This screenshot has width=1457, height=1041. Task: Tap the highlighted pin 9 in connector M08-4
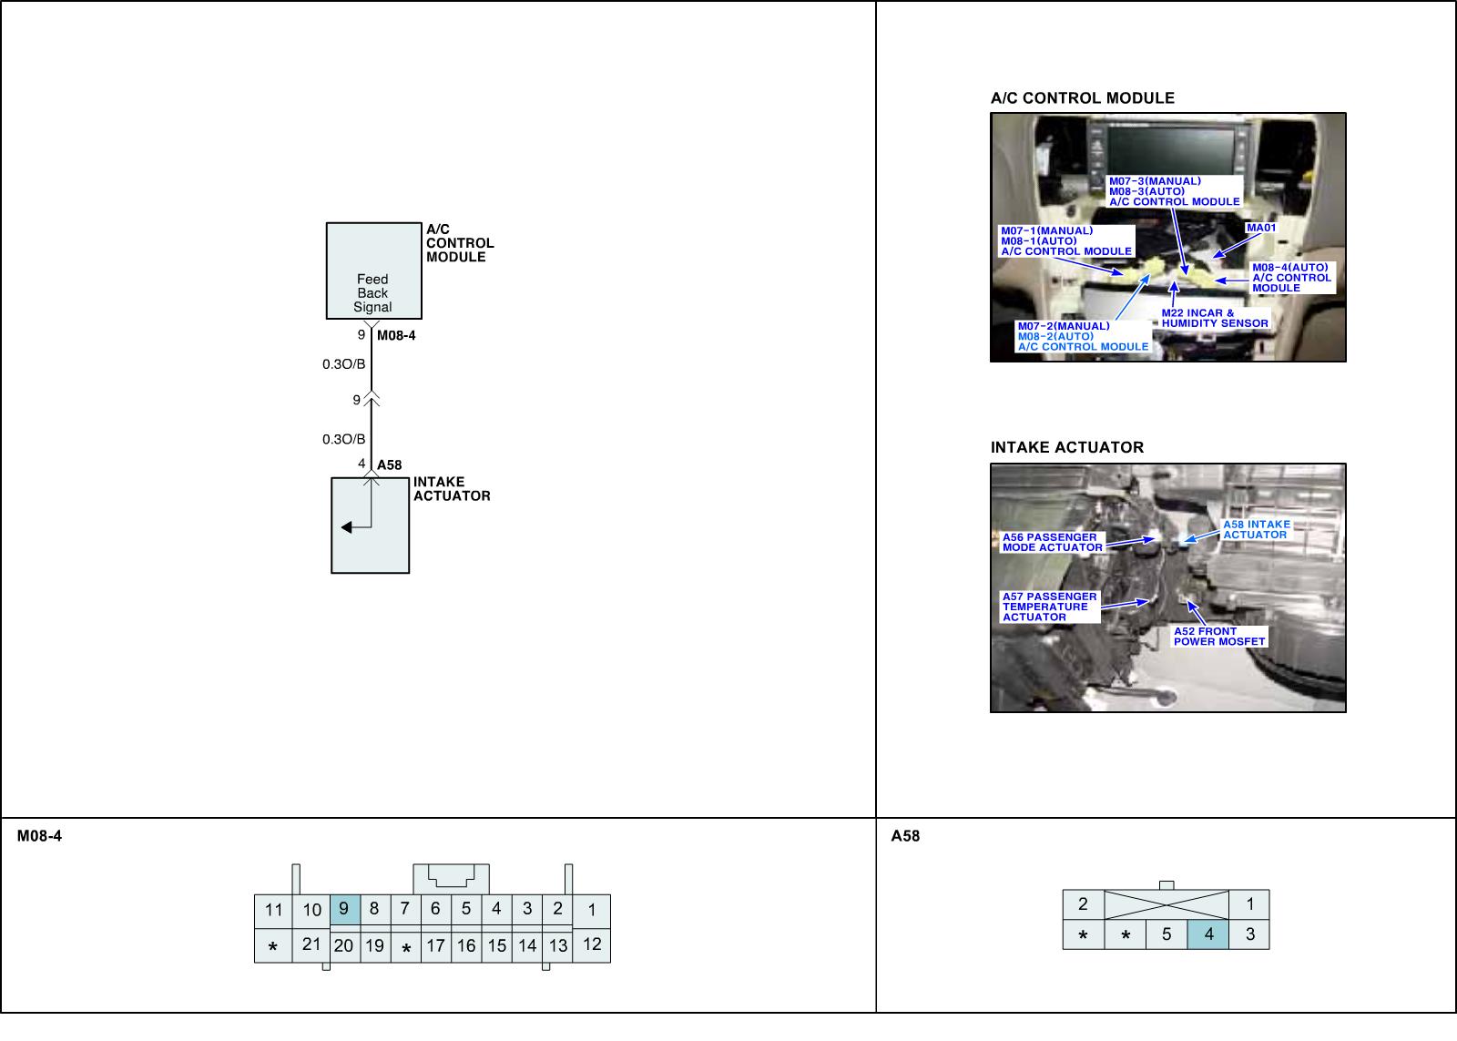coord(344,909)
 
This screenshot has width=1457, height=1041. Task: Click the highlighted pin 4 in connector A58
coord(1208,934)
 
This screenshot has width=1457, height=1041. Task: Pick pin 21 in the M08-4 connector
coord(311,944)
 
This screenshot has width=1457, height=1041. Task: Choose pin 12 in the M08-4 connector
coord(592,944)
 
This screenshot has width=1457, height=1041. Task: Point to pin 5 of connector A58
coord(1167,934)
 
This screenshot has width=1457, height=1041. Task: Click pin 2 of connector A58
coord(1083,904)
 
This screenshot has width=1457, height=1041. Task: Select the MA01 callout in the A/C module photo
coord(1261,228)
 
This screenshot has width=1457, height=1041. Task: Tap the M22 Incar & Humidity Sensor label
coord(1215,318)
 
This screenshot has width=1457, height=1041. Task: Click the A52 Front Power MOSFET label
coord(1219,636)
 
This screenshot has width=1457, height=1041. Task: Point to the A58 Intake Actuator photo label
coord(1256,529)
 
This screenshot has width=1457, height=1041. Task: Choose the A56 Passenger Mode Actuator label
coord(1052,542)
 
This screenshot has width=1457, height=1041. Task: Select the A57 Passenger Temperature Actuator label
coord(1049,607)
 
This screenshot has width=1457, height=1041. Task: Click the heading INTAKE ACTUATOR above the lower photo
coord(1066,447)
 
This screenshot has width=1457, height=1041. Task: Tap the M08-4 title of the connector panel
coord(39,836)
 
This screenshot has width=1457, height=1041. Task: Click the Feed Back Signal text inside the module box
coord(372,293)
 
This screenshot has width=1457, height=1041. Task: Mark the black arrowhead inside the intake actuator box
coord(347,527)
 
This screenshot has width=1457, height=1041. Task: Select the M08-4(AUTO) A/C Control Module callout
coord(1291,278)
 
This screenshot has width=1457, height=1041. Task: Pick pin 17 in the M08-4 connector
coord(436,945)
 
